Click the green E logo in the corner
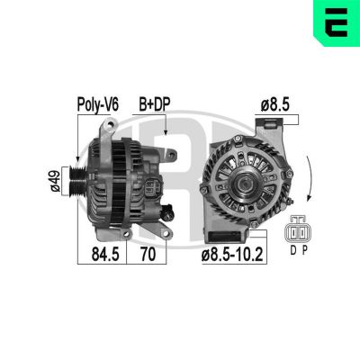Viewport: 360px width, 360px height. (x=336, y=22)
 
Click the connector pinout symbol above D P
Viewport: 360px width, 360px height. (x=299, y=232)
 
